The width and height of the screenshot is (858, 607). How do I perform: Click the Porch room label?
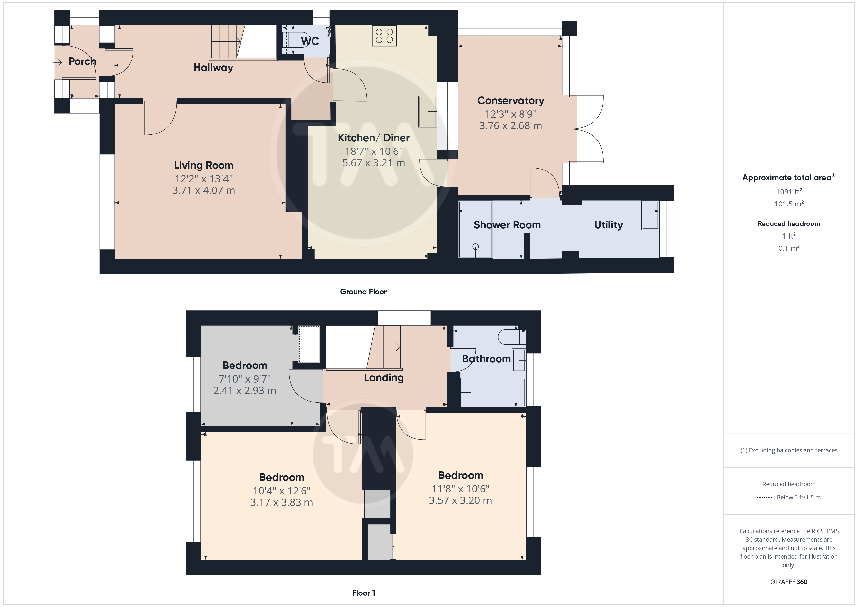(82, 61)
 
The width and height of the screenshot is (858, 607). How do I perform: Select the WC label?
(310, 41)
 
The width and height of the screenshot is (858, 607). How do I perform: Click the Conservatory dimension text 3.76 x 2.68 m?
(510, 125)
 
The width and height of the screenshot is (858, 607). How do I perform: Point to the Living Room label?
(204, 165)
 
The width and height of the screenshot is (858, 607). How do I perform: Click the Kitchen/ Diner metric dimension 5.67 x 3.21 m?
(374, 163)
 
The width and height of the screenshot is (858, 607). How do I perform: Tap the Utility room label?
(608, 225)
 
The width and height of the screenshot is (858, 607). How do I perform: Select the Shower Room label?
(507, 225)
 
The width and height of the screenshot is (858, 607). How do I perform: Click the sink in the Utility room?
(650, 215)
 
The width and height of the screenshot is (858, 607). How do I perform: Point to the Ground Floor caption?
(363, 292)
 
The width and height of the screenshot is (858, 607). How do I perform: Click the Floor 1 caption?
(363, 593)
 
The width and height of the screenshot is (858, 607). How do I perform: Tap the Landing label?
(384, 377)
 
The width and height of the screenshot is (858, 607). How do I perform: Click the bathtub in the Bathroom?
(493, 392)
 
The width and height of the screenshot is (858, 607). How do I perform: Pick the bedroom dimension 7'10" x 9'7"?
(245, 379)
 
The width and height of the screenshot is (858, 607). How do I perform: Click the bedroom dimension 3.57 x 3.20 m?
(460, 500)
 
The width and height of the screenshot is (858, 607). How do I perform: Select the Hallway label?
(213, 68)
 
